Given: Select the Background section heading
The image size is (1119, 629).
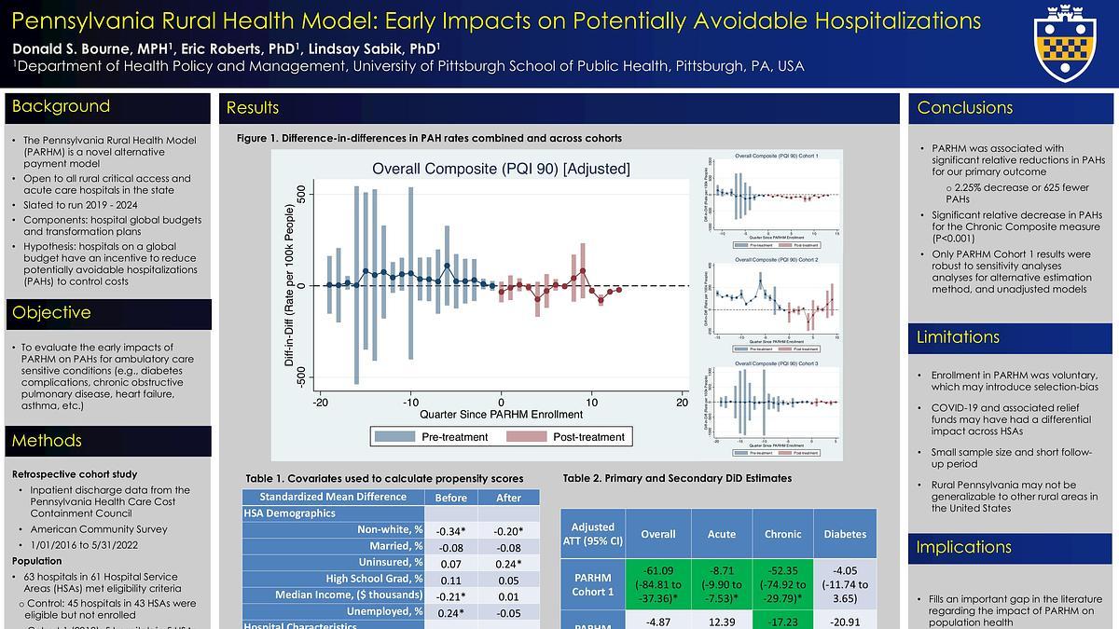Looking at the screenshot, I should click(x=61, y=107).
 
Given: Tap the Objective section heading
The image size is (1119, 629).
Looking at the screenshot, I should click(x=51, y=313).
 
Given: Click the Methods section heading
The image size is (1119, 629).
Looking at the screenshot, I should click(x=47, y=441).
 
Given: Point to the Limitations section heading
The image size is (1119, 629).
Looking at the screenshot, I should click(x=958, y=337).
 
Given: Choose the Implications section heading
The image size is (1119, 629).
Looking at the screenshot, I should click(x=964, y=547).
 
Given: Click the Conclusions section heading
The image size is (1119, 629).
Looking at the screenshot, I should click(x=964, y=108).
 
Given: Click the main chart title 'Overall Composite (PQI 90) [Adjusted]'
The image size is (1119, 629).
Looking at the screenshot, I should click(x=501, y=169).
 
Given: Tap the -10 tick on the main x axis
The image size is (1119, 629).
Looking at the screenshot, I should click(x=410, y=402).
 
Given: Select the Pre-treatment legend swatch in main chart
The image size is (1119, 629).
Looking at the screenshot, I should click(x=394, y=436).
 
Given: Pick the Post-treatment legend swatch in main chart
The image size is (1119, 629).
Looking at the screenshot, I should click(x=526, y=436).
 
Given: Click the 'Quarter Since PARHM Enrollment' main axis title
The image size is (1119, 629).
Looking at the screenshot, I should click(x=501, y=414).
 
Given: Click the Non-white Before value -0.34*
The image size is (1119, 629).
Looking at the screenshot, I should click(x=450, y=530).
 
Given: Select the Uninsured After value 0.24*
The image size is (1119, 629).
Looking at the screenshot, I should click(x=508, y=562).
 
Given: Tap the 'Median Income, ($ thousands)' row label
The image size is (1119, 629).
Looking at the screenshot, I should click(x=349, y=595).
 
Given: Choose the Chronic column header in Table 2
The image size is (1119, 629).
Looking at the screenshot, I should click(x=782, y=534).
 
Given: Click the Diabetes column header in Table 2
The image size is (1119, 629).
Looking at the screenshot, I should click(x=845, y=534).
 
